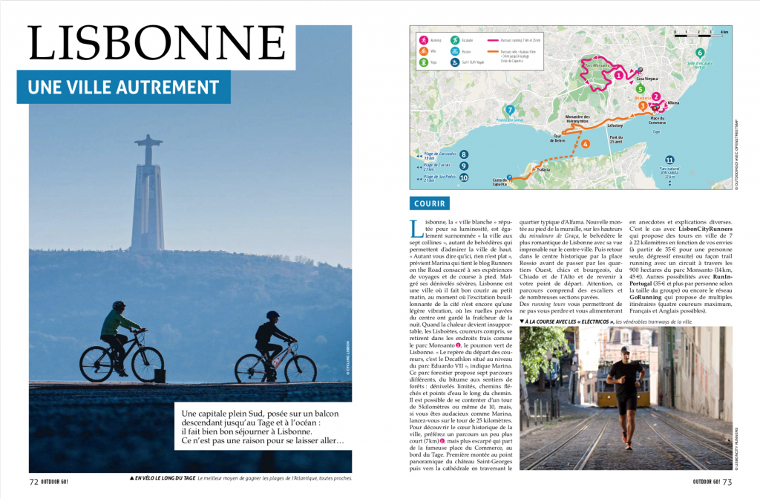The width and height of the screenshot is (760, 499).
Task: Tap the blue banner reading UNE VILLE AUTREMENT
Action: pyautogui.click(x=124, y=88)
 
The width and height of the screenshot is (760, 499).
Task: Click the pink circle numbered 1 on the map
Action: pyautogui.click(x=619, y=74)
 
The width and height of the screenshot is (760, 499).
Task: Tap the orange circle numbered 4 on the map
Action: pyautogui.click(x=586, y=143)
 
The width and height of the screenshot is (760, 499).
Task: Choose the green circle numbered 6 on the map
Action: pyautogui.click(x=699, y=53)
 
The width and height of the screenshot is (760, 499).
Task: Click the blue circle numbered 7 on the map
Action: pyautogui.click(x=510, y=110)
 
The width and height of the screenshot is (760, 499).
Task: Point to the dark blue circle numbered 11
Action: pyautogui.click(x=669, y=160)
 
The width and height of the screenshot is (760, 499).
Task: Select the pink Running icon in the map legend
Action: pyautogui.click(x=423, y=39)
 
